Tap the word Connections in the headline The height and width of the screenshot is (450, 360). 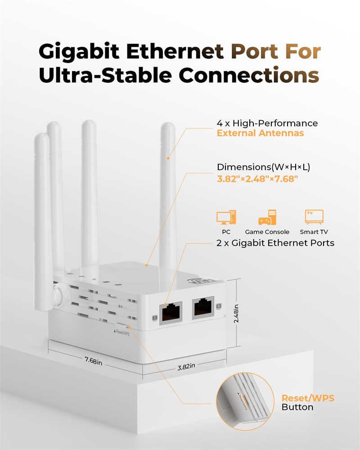point(249,75)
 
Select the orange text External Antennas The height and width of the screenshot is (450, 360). point(260,133)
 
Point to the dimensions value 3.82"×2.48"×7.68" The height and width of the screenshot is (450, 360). point(257,179)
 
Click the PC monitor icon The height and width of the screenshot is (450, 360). point(226,217)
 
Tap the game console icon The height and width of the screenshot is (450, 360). point(267,217)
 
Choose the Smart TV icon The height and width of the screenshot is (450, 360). point(314,217)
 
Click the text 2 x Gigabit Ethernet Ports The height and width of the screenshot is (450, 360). point(275,243)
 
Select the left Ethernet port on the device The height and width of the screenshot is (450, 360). point(171,313)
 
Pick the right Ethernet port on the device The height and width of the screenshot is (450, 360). point(203,307)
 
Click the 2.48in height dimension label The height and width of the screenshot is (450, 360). point(236,313)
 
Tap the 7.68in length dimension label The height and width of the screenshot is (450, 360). point(93,360)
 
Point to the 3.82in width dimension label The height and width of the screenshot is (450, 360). point(186,366)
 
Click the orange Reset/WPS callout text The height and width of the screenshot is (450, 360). point(308,398)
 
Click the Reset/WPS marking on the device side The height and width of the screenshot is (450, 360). point(122,333)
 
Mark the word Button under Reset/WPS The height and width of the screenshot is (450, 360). point(297,407)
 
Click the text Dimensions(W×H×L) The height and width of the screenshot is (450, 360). point(263,167)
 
